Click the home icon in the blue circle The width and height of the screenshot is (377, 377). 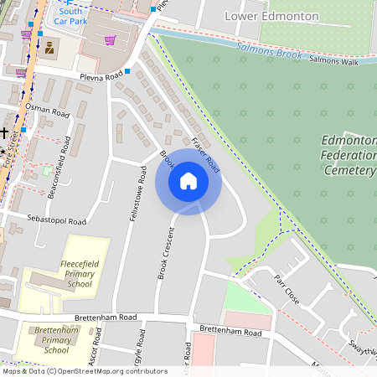click(x=188, y=181)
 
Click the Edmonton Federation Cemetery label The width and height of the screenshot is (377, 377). click(x=349, y=155)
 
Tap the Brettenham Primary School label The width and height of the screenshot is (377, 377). click(x=56, y=339)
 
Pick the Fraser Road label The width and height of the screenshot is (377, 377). click(x=204, y=153)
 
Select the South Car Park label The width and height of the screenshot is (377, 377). click(x=70, y=14)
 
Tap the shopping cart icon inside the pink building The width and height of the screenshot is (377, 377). click(x=110, y=39)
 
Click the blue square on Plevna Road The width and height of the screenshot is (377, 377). click(x=127, y=71)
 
